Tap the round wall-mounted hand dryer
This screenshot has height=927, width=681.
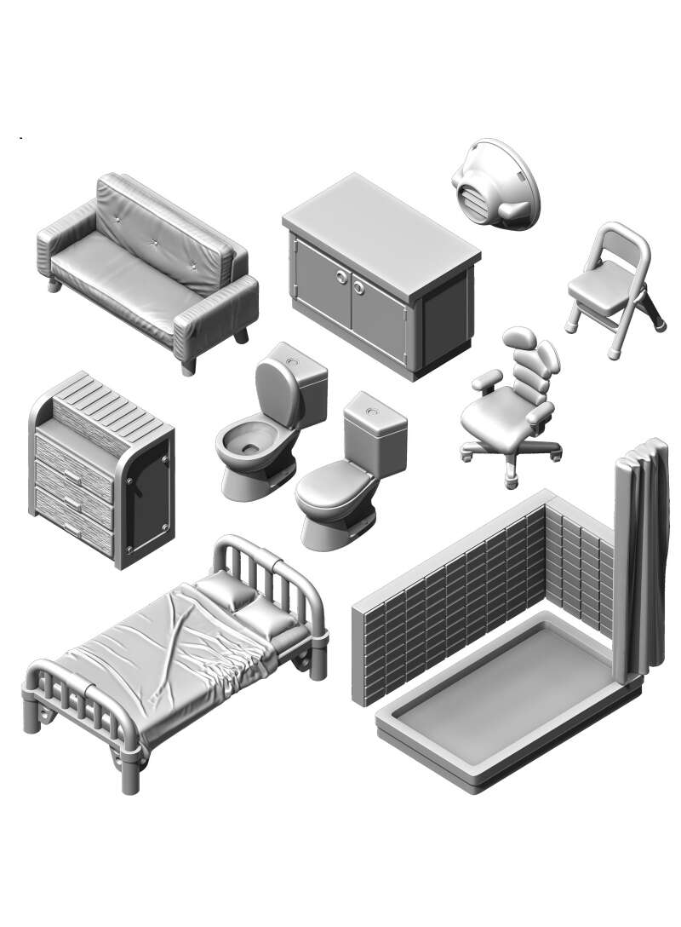(495, 184)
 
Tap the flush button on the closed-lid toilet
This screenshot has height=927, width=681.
(368, 411)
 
